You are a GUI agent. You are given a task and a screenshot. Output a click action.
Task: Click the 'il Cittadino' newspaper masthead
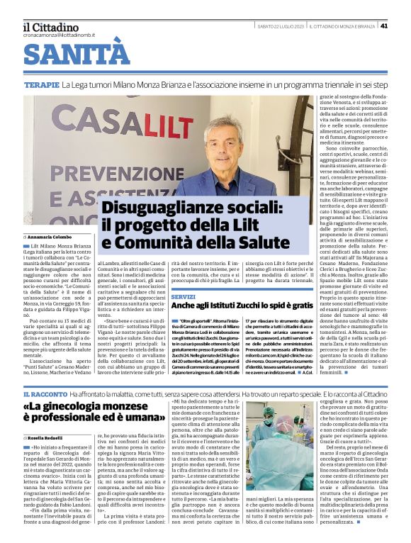click(x=52, y=26)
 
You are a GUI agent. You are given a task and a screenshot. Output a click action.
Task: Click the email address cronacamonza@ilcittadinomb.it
click(x=58, y=35)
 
